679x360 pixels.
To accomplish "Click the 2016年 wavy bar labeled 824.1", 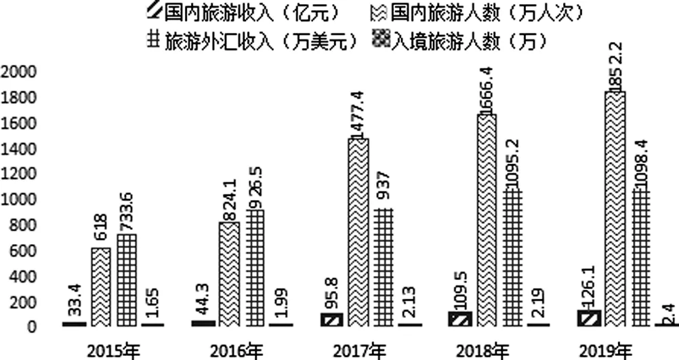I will point(228,275).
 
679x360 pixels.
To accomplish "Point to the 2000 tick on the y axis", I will point(20,73).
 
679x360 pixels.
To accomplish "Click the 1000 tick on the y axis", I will point(20,200).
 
